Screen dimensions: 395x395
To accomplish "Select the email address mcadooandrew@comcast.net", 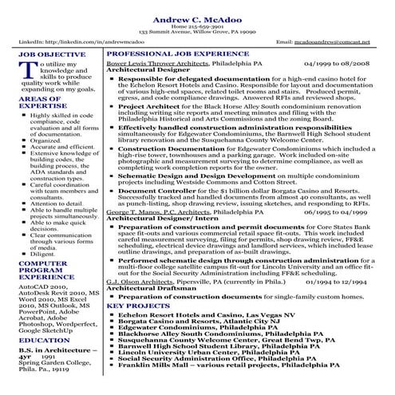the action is pyautogui.click(x=335, y=39).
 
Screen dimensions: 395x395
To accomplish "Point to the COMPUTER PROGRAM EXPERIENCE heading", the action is pyautogui.click(x=44, y=273).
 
